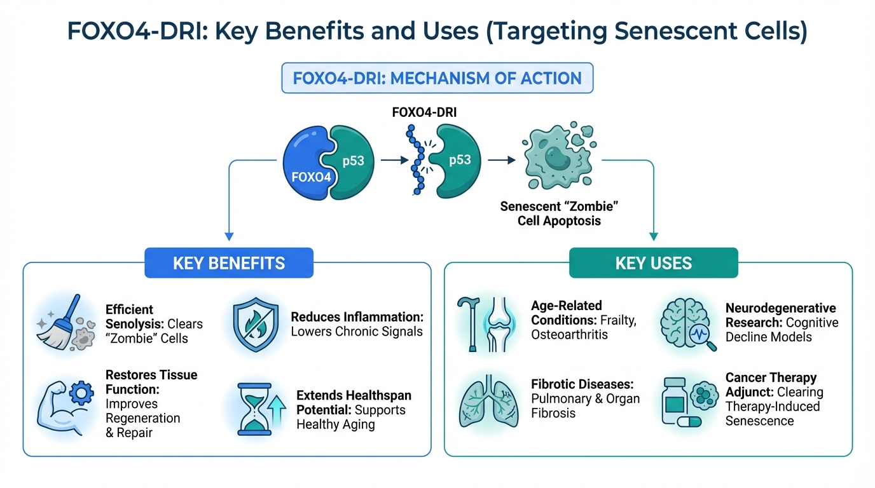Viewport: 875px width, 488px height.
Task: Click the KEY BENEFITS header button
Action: [229, 262]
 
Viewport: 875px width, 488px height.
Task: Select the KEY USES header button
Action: [653, 262]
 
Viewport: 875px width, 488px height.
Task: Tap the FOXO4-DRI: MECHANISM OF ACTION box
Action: [437, 78]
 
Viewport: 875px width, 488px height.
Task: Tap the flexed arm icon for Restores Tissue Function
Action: [64, 405]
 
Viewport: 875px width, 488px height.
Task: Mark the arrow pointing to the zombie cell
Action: [502, 160]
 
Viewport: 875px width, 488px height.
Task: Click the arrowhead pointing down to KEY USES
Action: [653, 237]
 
